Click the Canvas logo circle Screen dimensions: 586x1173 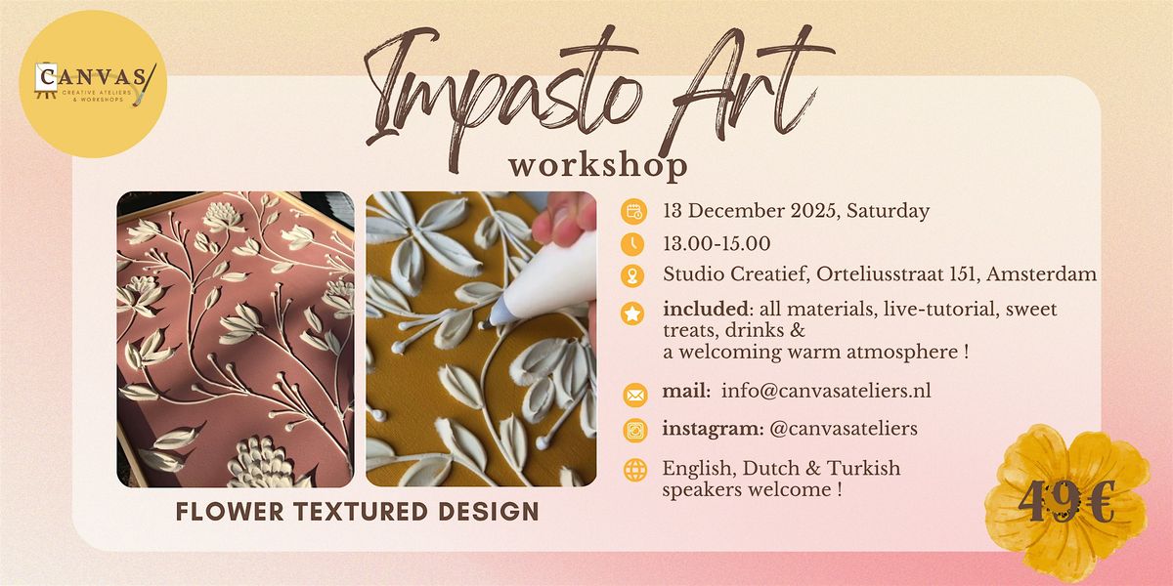[x=95, y=85]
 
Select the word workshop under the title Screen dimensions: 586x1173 [x=597, y=163]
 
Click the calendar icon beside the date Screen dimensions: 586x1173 [x=634, y=211]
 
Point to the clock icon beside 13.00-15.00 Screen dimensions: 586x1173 [x=634, y=243]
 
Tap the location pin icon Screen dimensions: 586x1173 [x=634, y=276]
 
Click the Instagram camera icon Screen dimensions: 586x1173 [x=634, y=430]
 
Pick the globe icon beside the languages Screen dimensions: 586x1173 [x=634, y=470]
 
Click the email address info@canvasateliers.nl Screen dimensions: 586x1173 [x=826, y=392]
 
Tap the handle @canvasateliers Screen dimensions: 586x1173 [x=842, y=428]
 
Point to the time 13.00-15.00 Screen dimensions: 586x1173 [x=716, y=243]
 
